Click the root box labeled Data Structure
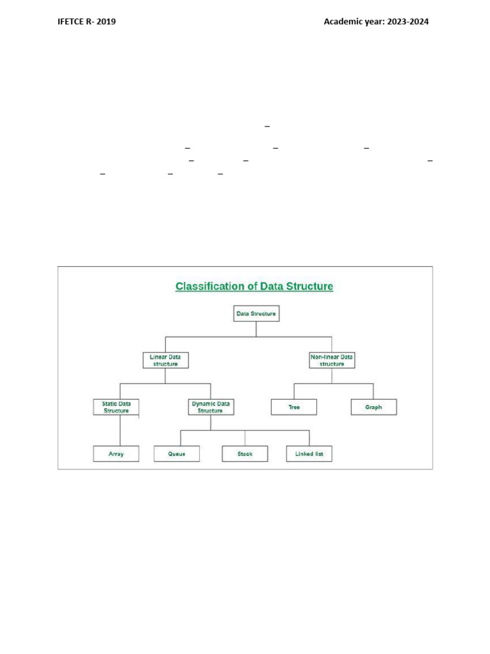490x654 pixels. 256,314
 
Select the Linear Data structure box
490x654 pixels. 165,360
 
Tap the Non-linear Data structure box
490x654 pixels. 332,360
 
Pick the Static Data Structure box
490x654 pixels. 116,407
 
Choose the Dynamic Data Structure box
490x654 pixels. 210,407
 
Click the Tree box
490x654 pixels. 293,407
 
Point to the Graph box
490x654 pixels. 374,407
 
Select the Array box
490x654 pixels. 116,454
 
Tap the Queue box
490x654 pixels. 177,454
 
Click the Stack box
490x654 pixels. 245,454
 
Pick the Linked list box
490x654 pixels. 309,454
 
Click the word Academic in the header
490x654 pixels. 345,22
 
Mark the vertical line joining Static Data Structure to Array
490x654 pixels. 120,430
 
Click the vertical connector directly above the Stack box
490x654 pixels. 245,438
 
